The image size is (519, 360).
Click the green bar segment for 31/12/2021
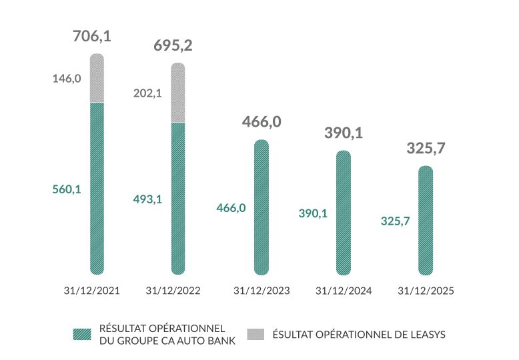(x=97, y=187)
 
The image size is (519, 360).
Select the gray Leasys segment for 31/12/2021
(x=97, y=78)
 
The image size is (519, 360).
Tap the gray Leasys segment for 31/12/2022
(x=178, y=93)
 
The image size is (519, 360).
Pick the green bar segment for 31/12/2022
(x=178, y=198)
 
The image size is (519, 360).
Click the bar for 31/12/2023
(x=262, y=207)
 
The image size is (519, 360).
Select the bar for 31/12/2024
(x=344, y=212)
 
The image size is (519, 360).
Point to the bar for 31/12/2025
(x=426, y=220)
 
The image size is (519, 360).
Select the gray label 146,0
(x=67, y=79)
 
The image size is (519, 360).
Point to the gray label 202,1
(x=148, y=94)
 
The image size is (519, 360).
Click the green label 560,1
(x=67, y=189)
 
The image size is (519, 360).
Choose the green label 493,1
(x=148, y=199)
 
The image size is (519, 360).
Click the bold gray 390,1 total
(x=344, y=133)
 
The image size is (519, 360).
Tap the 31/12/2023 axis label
(x=262, y=291)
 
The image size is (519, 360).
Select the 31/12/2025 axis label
(x=425, y=291)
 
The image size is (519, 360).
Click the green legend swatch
(x=83, y=334)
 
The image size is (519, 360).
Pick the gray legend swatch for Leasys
(x=256, y=334)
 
